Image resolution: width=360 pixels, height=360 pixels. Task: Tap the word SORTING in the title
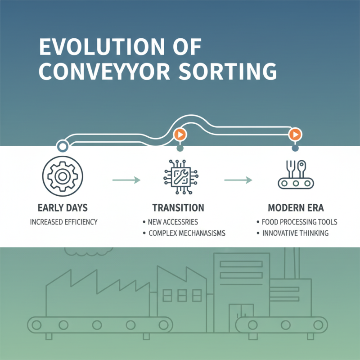click(x=228, y=72)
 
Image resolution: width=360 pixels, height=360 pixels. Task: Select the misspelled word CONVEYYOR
click(x=104, y=72)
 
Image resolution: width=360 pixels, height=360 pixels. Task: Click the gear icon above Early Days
click(x=63, y=176)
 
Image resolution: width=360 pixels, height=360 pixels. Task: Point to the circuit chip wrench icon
click(x=181, y=177)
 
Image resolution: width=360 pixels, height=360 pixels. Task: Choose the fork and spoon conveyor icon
click(x=296, y=175)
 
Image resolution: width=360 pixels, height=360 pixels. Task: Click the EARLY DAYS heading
click(x=63, y=208)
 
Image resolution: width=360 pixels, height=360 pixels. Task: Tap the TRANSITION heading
click(x=178, y=208)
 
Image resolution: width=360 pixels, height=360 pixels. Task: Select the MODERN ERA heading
click(x=296, y=208)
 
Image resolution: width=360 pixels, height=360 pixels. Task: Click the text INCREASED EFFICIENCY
click(x=64, y=222)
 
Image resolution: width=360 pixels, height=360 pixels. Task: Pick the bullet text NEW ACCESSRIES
click(x=173, y=222)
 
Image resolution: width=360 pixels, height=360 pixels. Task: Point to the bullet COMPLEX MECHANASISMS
click(x=187, y=233)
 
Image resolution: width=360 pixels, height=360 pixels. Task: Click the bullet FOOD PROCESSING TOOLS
click(x=299, y=222)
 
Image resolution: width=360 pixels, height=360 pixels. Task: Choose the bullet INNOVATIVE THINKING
click(x=295, y=233)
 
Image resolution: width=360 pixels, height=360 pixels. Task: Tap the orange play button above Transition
click(x=180, y=135)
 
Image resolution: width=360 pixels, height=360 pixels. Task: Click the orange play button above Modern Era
click(x=295, y=134)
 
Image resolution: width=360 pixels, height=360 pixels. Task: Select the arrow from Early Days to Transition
click(x=126, y=180)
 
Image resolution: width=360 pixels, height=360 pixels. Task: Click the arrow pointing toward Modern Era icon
click(x=238, y=180)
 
